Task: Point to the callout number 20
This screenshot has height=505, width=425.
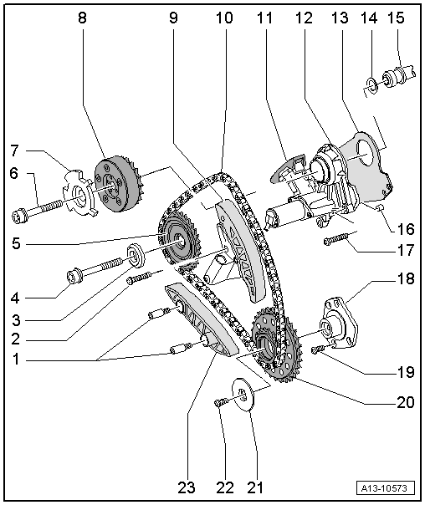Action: [406, 402]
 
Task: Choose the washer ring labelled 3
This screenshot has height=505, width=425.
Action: [133, 252]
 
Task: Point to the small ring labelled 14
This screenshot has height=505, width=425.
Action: [370, 82]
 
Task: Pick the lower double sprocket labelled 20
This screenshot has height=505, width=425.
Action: [272, 342]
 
